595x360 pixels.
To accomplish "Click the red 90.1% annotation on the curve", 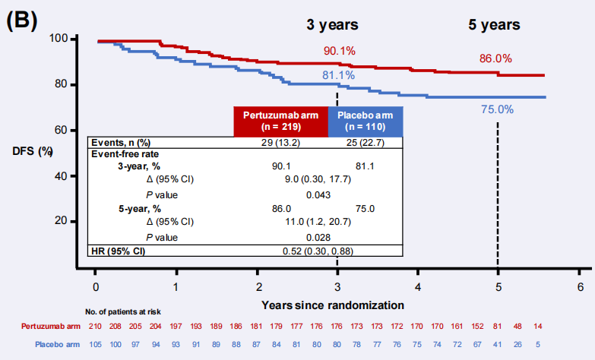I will [340, 51].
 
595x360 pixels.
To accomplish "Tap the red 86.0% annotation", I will [495, 58].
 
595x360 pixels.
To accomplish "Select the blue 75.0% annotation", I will [497, 109].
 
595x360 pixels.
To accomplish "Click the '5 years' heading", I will [494, 24].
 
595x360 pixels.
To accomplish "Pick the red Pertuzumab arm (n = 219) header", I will [280, 122].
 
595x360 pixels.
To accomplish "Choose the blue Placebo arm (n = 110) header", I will [364, 122].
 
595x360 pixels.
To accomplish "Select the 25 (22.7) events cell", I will [364, 143].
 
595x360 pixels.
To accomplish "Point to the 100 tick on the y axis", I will [59, 38].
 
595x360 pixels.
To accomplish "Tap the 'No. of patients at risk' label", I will [123, 312].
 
